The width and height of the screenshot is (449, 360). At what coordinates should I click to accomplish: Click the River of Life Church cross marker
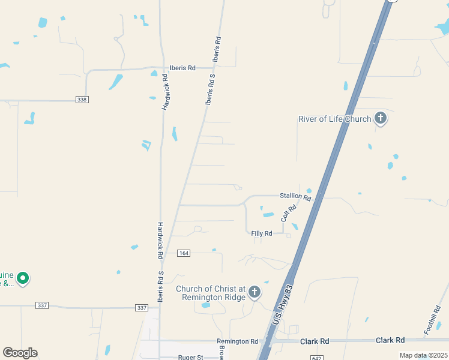(380, 118)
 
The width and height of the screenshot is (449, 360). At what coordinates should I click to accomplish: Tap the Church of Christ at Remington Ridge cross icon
(255, 292)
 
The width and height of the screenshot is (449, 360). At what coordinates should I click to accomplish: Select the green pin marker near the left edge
(23, 278)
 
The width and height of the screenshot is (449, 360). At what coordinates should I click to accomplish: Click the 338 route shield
(82, 100)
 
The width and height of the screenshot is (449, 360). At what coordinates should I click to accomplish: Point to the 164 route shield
(184, 254)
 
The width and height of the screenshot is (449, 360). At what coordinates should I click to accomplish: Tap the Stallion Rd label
(295, 196)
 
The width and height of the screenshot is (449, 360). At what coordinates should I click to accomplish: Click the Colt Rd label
(289, 213)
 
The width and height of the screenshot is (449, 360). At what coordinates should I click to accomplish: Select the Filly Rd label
(262, 233)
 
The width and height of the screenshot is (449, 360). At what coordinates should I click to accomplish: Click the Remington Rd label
(237, 341)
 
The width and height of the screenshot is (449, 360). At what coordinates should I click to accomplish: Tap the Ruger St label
(191, 357)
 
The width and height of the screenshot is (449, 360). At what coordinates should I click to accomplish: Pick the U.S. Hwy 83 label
(283, 305)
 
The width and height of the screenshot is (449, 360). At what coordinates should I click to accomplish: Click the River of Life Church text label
(334, 119)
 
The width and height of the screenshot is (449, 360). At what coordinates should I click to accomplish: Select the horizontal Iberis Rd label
(182, 68)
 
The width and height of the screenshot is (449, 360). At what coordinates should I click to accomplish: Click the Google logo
(20, 353)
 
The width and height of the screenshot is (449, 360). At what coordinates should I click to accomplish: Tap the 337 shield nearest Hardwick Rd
(142, 307)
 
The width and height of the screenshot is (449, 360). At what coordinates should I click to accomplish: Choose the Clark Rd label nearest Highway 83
(315, 341)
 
